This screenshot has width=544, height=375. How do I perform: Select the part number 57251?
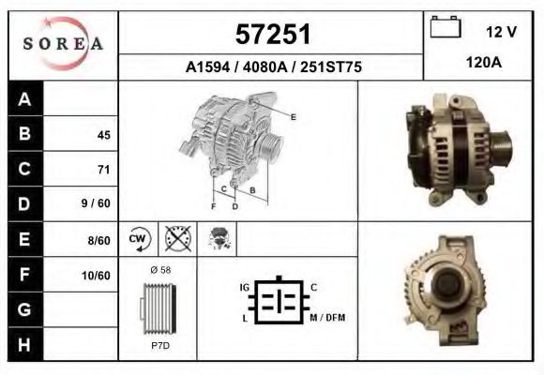pos(271,35)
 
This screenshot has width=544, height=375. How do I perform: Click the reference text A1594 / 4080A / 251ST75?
pos(271,67)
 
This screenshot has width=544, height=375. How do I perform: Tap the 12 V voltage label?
pos(501,31)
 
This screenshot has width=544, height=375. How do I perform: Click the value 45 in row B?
pos(103,135)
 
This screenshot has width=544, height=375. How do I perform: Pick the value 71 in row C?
pos(103,170)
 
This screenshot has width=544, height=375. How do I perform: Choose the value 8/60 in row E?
pos(98,240)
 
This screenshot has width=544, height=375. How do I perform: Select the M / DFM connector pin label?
pos(327,318)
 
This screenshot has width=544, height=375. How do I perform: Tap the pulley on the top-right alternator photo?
pos(499,147)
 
